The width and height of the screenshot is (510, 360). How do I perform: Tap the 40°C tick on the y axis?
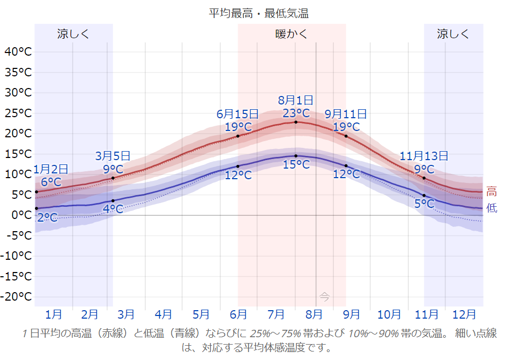[x=18, y=51]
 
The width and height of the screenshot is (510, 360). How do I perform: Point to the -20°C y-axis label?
[x=18, y=296]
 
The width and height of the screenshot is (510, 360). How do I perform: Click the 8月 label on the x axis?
[x=314, y=314]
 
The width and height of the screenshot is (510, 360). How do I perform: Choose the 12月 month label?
[x=464, y=314]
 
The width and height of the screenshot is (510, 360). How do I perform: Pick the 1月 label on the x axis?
[x=54, y=314]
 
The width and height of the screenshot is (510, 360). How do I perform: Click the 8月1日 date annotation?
[x=296, y=100]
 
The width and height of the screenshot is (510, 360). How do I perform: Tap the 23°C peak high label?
[x=296, y=113]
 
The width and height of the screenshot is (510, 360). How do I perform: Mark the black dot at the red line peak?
[x=296, y=122]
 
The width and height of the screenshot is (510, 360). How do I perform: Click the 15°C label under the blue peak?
[x=296, y=165]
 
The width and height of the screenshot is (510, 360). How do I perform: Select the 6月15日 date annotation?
[x=238, y=114]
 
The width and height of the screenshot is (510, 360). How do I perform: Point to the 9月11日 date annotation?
[x=346, y=114]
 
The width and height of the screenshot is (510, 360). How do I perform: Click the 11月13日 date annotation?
[x=424, y=156]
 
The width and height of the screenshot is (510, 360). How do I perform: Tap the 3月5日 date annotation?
[x=113, y=156]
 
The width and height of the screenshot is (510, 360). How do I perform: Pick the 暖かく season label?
[x=292, y=34]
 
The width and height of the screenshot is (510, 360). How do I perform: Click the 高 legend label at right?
[x=491, y=192]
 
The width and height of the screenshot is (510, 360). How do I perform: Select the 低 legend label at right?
[x=491, y=208]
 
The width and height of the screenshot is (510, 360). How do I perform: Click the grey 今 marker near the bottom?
[x=324, y=297]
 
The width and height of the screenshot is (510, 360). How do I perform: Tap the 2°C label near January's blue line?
[x=47, y=217]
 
